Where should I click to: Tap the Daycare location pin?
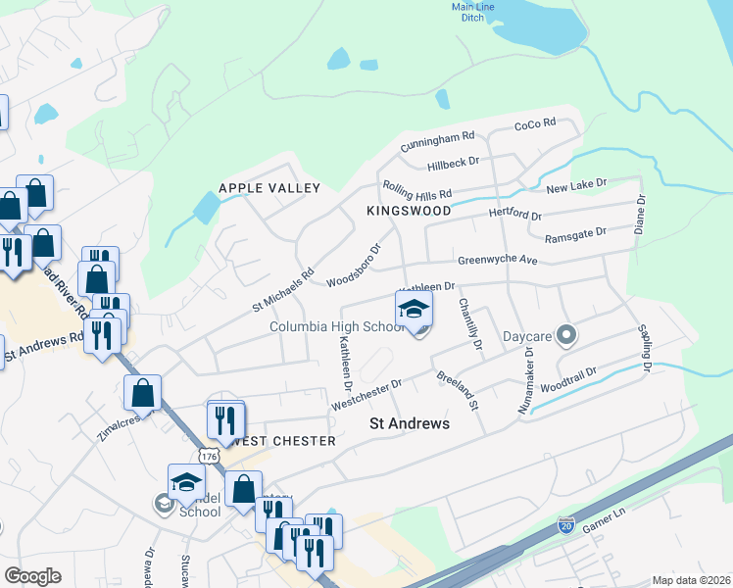click(565, 336)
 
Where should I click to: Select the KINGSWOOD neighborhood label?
click(409, 211)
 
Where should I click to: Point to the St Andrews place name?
click(409, 423)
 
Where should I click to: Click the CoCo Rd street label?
click(535, 123)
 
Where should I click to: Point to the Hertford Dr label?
click(514, 215)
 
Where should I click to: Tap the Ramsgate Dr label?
click(575, 232)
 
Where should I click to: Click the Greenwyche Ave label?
click(498, 261)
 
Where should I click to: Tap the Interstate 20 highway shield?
click(565, 526)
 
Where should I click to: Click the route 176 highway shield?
click(207, 457)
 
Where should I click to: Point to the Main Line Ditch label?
click(473, 13)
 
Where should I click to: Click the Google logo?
click(32, 576)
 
